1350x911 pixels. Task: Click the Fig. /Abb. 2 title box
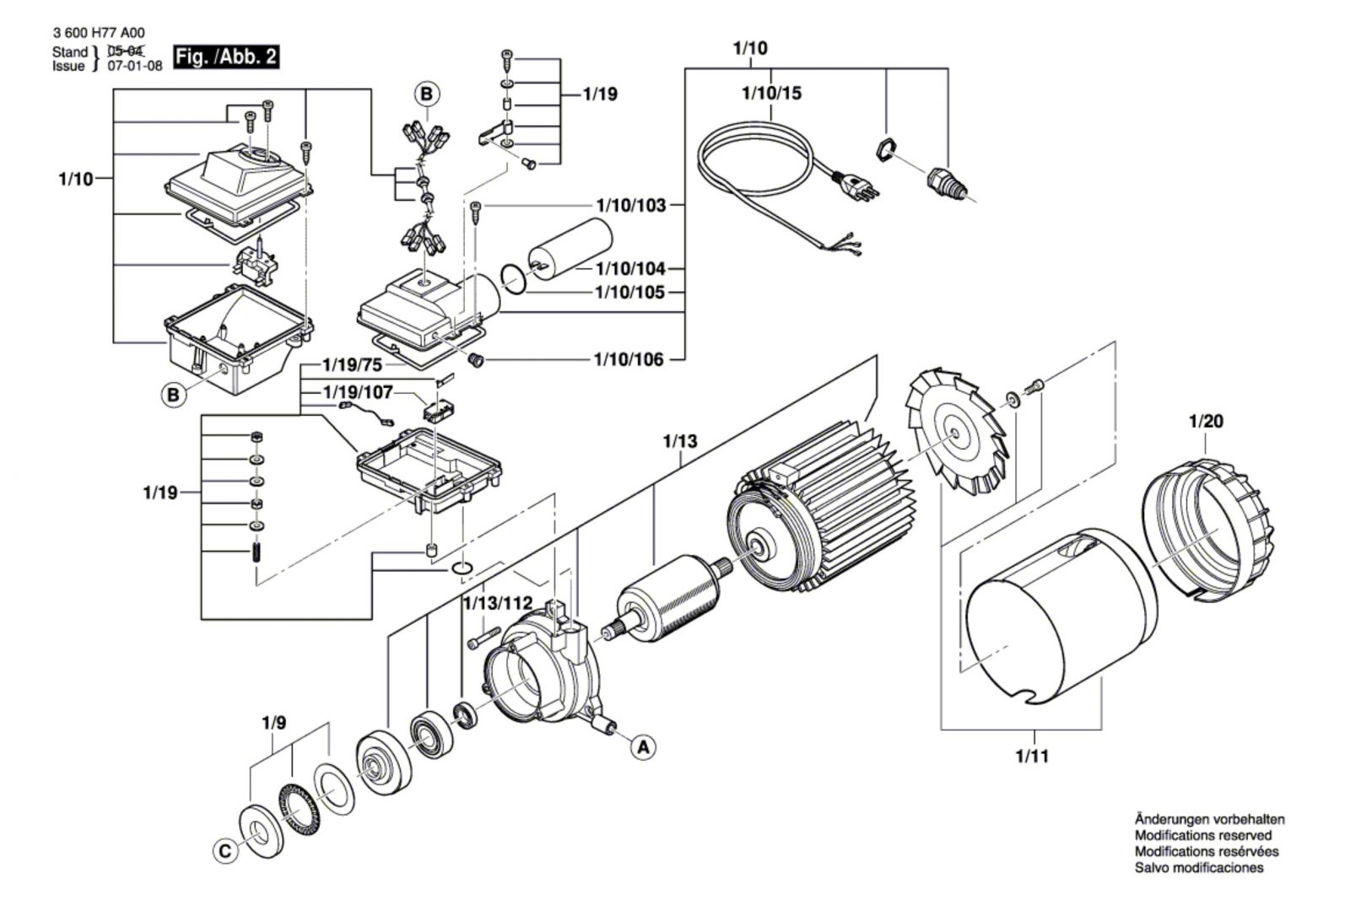[225, 57]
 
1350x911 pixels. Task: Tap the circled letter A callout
[643, 747]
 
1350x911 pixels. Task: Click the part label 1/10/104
[630, 268]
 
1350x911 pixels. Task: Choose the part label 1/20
[1206, 421]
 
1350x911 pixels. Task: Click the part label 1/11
[1032, 756]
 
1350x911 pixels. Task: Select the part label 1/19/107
[358, 393]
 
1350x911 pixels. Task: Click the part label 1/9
[273, 723]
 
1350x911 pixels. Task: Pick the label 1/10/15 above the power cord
[771, 93]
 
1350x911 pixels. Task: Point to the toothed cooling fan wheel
[957, 432]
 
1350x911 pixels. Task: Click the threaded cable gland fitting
[942, 182]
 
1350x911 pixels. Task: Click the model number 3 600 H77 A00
[98, 33]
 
